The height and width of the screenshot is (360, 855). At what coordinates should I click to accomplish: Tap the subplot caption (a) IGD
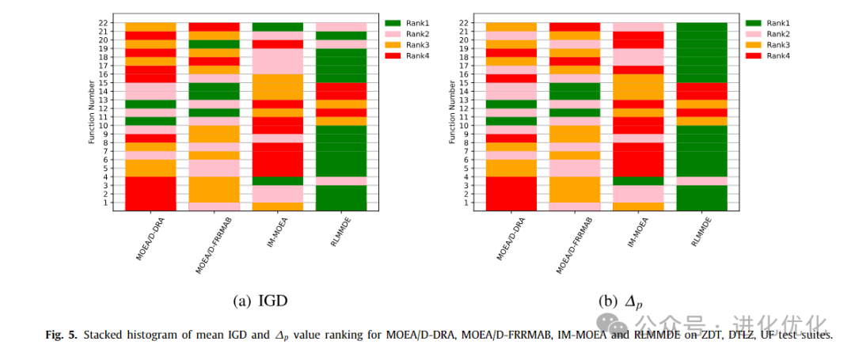click(x=259, y=301)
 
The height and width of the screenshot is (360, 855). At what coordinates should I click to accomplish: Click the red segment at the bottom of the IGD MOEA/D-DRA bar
click(x=150, y=193)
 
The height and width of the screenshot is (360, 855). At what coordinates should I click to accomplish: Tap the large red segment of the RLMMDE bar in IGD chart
click(x=340, y=91)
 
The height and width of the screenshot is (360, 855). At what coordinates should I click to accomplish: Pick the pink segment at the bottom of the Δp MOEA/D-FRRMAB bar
click(x=575, y=206)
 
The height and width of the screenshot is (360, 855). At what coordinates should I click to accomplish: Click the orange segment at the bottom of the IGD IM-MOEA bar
click(x=277, y=206)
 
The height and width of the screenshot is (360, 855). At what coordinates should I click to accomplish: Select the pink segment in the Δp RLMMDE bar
click(x=701, y=180)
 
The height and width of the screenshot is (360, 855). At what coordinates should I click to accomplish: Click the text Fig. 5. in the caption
click(x=61, y=335)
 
